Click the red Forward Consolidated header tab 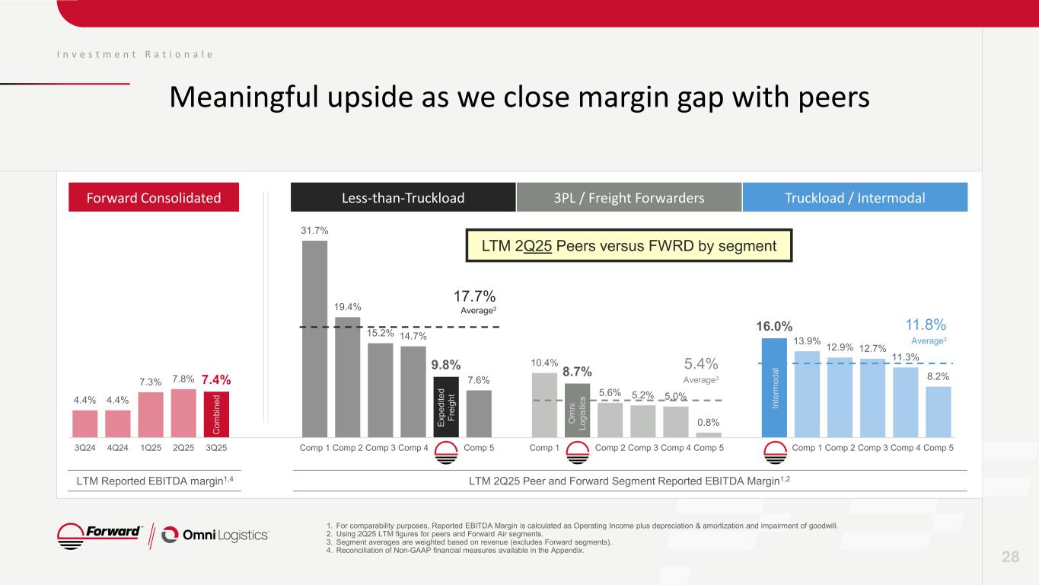click(x=154, y=198)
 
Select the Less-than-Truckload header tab click(x=403, y=198)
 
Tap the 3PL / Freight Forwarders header click(x=629, y=198)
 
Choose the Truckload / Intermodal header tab click(x=855, y=198)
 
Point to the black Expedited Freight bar click(x=446, y=407)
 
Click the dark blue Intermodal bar click(x=774, y=388)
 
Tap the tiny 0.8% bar click(x=709, y=435)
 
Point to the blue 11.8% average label click(x=925, y=325)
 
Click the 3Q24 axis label click(x=84, y=448)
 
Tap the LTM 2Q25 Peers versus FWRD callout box click(x=629, y=245)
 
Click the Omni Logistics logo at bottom click(x=216, y=535)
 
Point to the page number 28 click(x=1010, y=557)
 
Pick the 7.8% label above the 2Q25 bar click(x=183, y=379)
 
